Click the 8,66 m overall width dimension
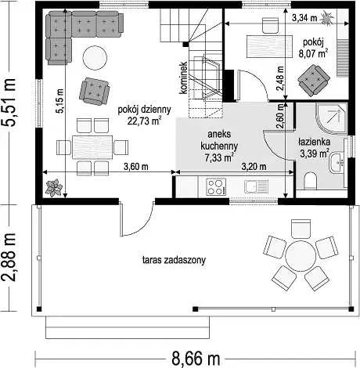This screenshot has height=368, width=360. (196, 359)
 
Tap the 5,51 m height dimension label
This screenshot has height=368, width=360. (9, 103)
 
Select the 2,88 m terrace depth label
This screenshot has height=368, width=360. (9, 258)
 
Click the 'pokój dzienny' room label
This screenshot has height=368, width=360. (144, 110)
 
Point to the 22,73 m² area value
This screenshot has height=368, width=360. (144, 121)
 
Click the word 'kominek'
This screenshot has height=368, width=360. (183, 78)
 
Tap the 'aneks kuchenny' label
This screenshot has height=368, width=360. (219, 140)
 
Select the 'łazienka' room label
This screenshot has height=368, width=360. (315, 142)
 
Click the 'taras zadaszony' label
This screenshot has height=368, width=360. (174, 260)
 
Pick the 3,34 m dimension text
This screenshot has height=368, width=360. (304, 18)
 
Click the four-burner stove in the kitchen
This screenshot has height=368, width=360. (216, 187)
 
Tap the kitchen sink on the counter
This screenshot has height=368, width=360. (256, 187)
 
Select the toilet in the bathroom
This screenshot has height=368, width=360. (311, 181)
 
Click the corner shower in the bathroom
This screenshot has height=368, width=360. (331, 117)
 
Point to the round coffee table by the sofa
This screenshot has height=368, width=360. (95, 58)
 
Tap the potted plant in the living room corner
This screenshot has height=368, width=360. (54, 187)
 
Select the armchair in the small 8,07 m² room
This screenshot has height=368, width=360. (314, 81)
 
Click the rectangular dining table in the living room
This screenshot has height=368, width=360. (92, 147)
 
